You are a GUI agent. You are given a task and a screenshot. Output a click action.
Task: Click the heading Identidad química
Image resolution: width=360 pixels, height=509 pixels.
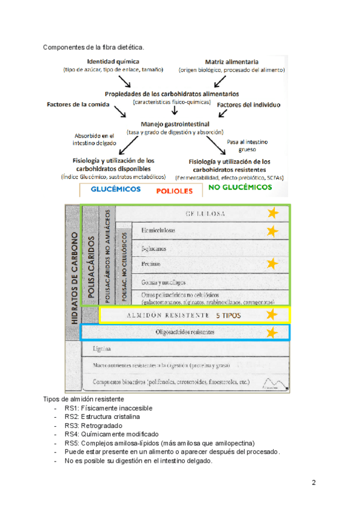pyautogui.click(x=113, y=62)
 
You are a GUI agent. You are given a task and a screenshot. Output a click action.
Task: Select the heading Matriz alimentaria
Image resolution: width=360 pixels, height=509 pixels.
pyautogui.click(x=232, y=62)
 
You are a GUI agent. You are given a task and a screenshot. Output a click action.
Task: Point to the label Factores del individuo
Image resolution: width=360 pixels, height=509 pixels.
pyautogui.click(x=248, y=105)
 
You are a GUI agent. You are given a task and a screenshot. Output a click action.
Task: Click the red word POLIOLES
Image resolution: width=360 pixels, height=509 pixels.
pyautogui.click(x=175, y=191)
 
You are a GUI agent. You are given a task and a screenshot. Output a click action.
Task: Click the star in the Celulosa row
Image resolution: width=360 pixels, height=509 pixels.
pyautogui.click(x=273, y=212)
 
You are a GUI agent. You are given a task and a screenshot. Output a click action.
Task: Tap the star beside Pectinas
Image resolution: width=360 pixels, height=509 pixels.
pyautogui.click(x=273, y=264)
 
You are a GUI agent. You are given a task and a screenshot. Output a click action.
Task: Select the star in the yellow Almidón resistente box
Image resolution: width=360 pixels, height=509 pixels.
pyautogui.click(x=272, y=314)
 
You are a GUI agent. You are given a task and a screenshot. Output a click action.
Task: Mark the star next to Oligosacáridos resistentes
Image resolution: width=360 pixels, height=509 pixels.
pyautogui.click(x=272, y=332)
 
